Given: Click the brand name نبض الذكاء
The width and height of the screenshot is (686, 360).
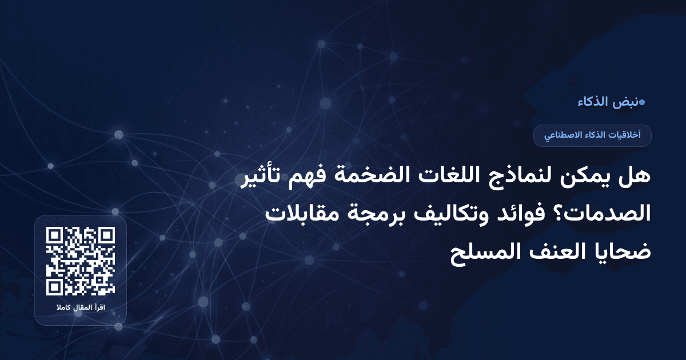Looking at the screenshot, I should tap(607, 102).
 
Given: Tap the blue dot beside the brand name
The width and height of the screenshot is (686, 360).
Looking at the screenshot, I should tap(641, 103).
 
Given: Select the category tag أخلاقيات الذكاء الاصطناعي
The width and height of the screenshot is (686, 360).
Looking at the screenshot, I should tap(592, 135).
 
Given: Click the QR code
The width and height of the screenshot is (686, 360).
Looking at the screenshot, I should tap(81, 261).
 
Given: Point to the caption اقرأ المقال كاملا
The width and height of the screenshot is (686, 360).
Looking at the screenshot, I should tap(81, 309).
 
